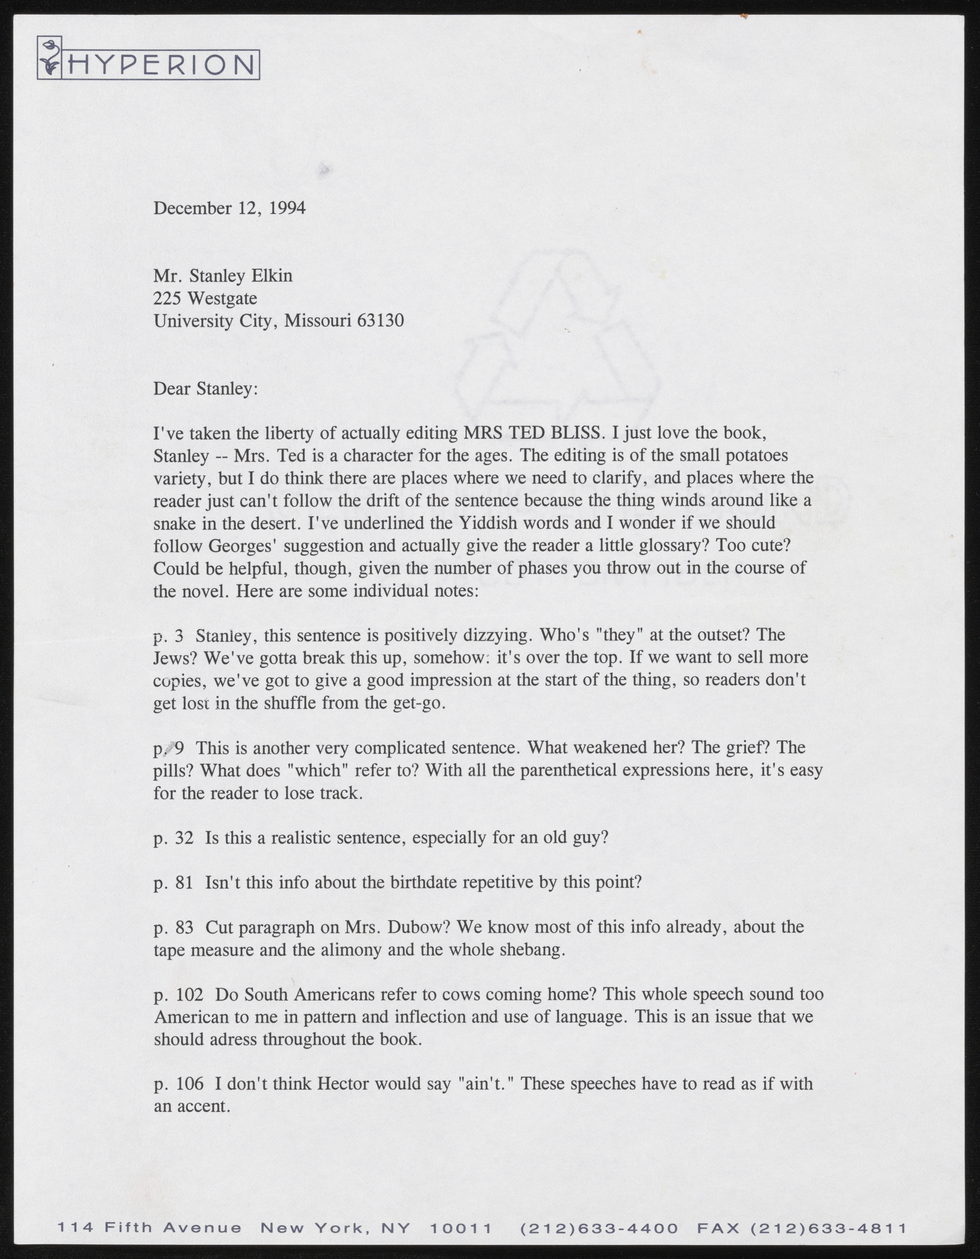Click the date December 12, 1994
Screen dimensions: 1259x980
pyautogui.click(x=229, y=208)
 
